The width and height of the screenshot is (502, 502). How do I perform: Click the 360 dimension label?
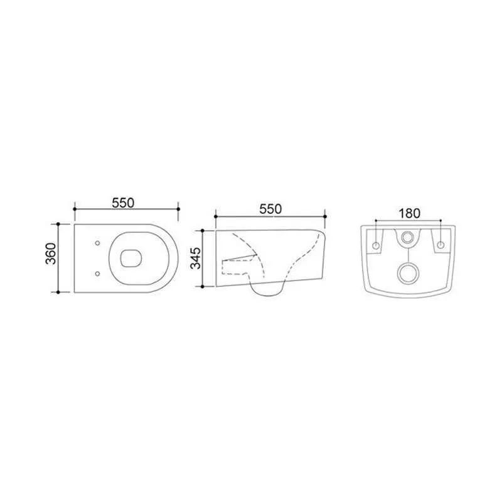[x=50, y=254]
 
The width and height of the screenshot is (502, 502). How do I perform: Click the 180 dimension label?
[x=409, y=213]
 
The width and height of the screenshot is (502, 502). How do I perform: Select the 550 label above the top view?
[x=123, y=203]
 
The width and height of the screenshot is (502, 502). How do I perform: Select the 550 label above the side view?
[x=270, y=209]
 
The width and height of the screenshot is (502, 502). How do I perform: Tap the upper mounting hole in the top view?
[x=97, y=243]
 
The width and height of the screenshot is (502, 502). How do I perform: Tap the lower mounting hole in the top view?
[x=97, y=274]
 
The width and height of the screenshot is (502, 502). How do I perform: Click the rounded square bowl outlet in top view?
[x=131, y=258]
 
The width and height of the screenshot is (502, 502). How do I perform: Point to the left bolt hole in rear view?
[x=376, y=245]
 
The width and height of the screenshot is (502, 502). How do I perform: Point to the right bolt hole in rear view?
[x=441, y=245]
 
